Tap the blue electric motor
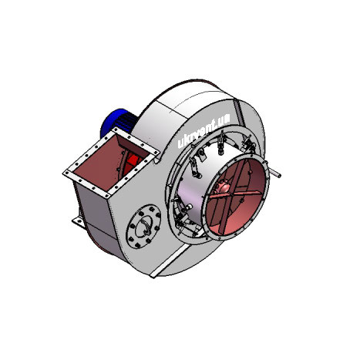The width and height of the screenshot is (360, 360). tap(117, 122)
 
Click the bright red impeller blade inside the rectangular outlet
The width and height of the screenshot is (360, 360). tap(133, 161)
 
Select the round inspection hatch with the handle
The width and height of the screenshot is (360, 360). tap(143, 226)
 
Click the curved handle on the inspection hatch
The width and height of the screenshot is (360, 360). tap(146, 225)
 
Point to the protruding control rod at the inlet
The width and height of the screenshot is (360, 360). tap(274, 173)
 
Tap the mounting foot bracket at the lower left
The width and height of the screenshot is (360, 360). tap(79, 222)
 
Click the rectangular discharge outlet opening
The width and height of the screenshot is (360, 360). tap(109, 163)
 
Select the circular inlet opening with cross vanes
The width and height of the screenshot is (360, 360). tap(235, 197)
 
